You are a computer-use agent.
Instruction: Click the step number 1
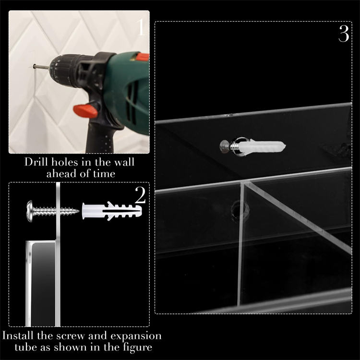coord(141,27)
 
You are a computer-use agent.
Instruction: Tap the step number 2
coord(140,195)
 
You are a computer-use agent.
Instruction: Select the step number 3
coord(344,34)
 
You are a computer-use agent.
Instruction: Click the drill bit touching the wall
coord(41,67)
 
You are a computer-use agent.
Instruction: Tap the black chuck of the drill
coord(65,71)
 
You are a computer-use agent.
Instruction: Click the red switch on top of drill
coord(143,57)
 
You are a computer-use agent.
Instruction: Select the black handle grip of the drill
coord(100,138)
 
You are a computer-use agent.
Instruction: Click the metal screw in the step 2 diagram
coord(53,211)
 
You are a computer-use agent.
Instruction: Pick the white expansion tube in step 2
coord(112,211)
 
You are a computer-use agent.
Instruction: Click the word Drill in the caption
coord(36,162)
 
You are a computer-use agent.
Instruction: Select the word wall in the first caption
coord(124,162)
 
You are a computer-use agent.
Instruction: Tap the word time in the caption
coord(104,174)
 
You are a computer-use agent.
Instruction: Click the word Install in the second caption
coord(18,336)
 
